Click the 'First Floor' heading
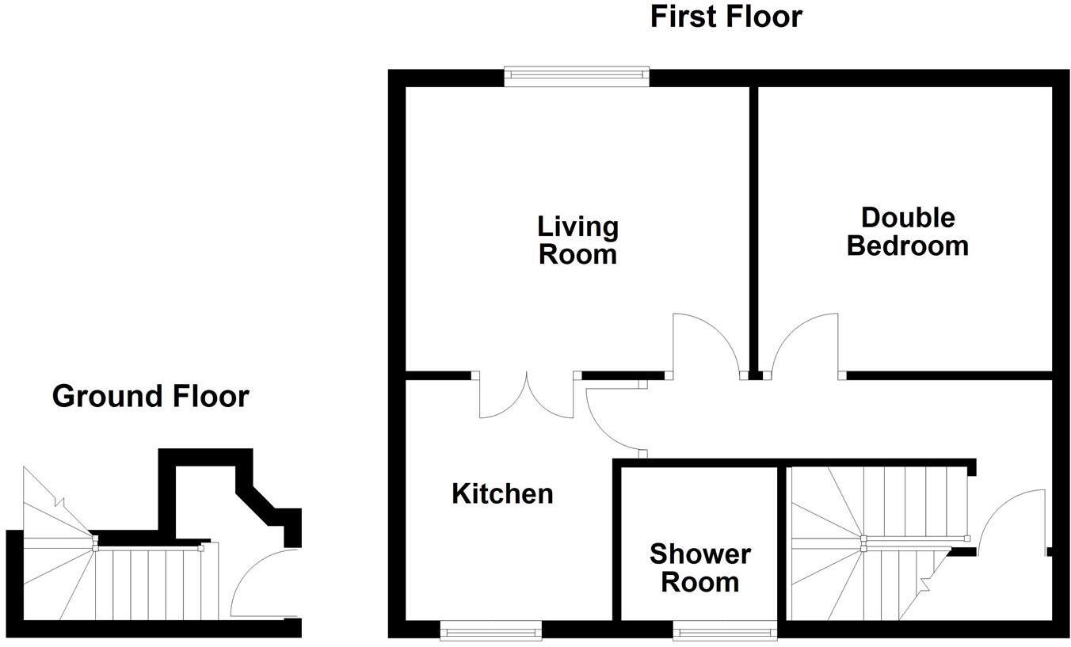click(726, 16)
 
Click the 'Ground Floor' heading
click(151, 396)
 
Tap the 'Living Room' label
click(577, 240)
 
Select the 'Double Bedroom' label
click(907, 231)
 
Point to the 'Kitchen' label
click(502, 494)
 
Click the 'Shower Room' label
click(699, 568)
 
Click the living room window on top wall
click(577, 75)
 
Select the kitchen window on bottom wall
click(490, 631)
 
